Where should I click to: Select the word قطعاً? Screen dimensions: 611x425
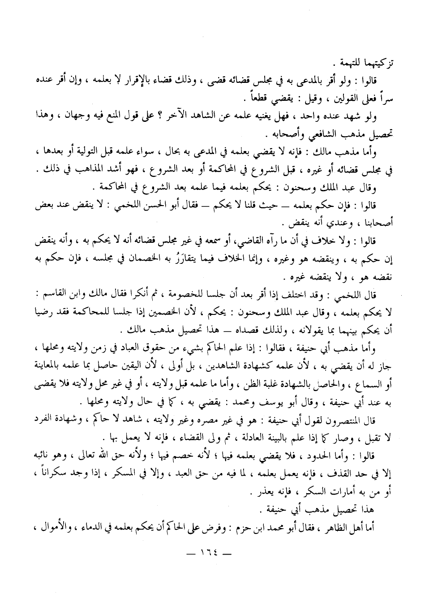pos(233,99)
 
